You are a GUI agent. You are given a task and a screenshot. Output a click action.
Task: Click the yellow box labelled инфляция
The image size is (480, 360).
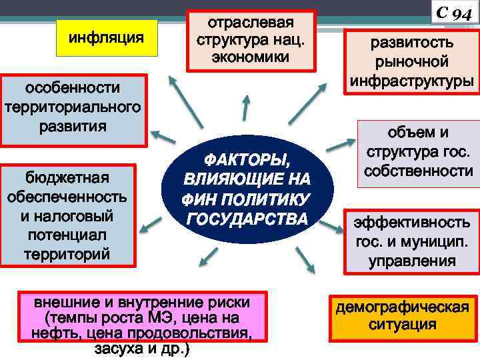point(107,37)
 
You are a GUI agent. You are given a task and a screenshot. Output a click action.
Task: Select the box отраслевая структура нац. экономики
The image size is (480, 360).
point(250,39)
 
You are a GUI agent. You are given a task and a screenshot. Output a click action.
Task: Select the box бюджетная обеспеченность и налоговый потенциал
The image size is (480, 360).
point(68,215)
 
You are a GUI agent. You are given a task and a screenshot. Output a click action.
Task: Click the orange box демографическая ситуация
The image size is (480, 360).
point(402,317)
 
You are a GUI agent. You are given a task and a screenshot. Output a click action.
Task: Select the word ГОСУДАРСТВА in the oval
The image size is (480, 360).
point(247,219)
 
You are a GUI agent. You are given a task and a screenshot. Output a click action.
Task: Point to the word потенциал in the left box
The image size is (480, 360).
point(68,235)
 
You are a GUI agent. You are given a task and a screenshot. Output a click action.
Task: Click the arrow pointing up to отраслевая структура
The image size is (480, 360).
point(245,108)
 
